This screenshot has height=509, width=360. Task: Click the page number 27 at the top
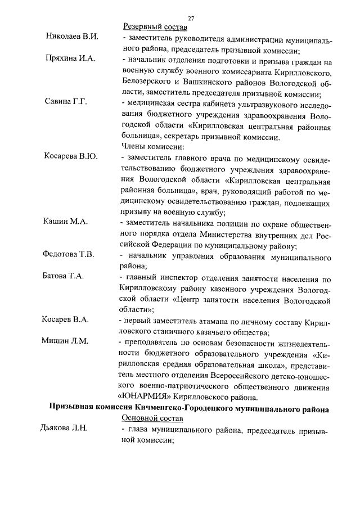[191, 18]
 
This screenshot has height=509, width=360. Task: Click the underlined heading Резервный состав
[155, 27]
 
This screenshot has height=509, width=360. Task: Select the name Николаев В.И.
[72, 37]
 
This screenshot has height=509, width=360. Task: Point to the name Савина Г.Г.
[67, 102]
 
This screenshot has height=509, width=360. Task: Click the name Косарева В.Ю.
[71, 156]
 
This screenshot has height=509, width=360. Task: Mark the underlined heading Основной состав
[154, 419]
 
